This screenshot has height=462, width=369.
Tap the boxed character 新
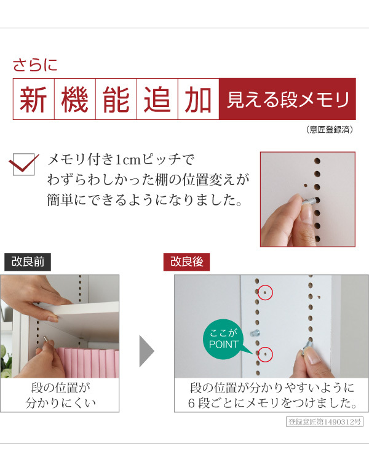tap(34, 99)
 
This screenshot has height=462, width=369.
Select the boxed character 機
tap(75, 99)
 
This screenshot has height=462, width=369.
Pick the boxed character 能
tap(116, 99)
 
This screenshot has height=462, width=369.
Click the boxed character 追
tap(157, 99)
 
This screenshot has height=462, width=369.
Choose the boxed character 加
tap(199, 99)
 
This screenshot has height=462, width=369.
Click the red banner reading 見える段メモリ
tap(287, 99)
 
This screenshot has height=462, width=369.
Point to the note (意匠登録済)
tap(329, 130)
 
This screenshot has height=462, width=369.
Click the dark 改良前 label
tap(28, 261)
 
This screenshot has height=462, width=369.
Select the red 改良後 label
tap(186, 261)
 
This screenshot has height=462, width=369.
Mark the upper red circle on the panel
tap(265, 293)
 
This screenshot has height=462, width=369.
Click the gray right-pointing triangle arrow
tap(146, 351)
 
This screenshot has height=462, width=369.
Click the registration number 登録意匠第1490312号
tap(325, 422)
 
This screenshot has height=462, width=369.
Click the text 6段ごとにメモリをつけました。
tap(272, 404)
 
